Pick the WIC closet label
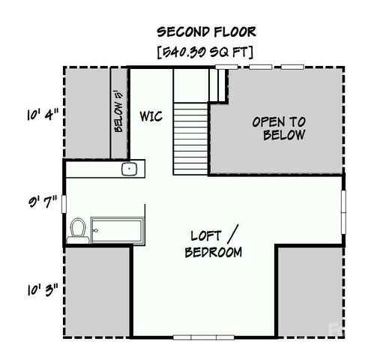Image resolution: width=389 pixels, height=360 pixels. click(x=151, y=117)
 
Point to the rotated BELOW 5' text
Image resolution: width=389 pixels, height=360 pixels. click(x=118, y=113)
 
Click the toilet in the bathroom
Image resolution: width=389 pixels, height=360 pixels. click(x=77, y=229)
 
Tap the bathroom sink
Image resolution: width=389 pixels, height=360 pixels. click(x=129, y=168)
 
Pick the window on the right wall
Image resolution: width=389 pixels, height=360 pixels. click(x=343, y=209)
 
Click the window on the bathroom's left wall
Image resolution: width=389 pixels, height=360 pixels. click(x=64, y=203)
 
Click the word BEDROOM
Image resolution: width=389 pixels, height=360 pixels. click(x=214, y=253)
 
